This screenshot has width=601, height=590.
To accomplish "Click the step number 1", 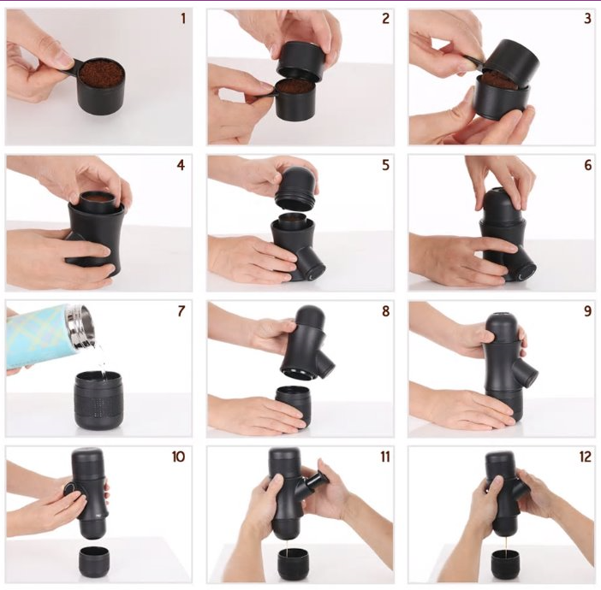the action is coord(183,18).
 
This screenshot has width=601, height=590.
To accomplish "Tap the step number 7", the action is coord(181,311).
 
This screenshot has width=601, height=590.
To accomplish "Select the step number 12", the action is coord(586,457).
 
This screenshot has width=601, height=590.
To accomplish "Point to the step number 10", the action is coord(178,457).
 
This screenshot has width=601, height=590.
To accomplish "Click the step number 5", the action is coord(385,165).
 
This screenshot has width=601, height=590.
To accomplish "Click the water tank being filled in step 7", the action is coord(99,399).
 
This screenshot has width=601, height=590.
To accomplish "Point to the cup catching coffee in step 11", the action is coord(294,565).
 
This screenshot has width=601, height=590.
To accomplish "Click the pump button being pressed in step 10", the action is coord(70,491).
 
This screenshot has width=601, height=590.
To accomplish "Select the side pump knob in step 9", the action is coord(523,374).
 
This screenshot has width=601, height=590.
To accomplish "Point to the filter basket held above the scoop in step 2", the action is coord(300,59).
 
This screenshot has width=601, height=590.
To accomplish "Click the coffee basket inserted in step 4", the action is coord(97,201).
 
